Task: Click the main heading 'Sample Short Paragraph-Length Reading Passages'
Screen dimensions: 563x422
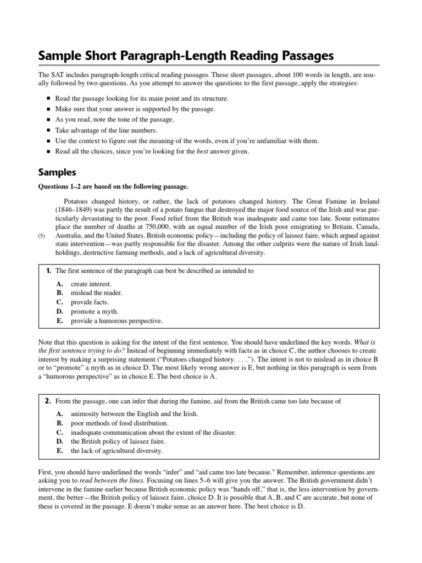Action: tap(185, 56)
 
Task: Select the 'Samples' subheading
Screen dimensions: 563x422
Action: tap(57, 172)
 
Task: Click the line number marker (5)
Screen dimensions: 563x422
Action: tap(42, 236)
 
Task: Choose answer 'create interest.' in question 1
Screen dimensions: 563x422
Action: tap(91, 284)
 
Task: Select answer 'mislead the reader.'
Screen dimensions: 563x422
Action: tap(97, 293)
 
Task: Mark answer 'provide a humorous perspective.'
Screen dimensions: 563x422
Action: tap(116, 321)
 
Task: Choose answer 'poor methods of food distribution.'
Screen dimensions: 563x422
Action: tap(119, 423)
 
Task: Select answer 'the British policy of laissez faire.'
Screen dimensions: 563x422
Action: tap(118, 441)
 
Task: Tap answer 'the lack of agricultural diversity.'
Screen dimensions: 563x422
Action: tap(116, 451)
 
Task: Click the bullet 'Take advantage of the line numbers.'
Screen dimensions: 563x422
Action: tap(106, 130)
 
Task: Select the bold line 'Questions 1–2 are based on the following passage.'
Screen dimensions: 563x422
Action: tap(113, 187)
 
